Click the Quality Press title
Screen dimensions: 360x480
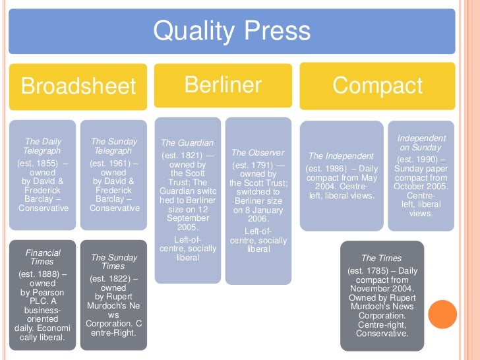(231, 32)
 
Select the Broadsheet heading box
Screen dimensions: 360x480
(78, 86)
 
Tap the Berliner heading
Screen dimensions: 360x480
(222, 85)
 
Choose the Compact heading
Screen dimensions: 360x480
(377, 86)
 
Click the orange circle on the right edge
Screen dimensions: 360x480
(442, 314)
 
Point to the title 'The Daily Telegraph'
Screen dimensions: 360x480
(42, 146)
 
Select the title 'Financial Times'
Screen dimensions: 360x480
(42, 257)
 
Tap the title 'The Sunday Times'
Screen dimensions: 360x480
(114, 262)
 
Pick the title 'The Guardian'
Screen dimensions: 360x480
(187, 142)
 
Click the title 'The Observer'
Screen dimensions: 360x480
(258, 153)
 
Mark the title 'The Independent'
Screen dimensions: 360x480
(341, 156)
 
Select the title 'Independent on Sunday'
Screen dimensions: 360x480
(421, 143)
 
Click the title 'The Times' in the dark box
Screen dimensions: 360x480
(382, 258)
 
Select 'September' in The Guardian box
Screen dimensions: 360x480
(187, 218)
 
